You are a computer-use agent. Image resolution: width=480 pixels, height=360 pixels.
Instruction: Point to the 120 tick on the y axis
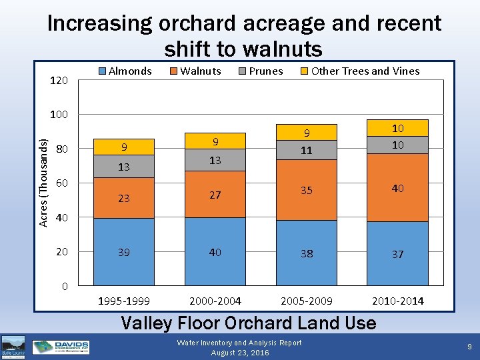pos(59,80)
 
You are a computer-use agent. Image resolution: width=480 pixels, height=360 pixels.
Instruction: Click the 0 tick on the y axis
pos(64,286)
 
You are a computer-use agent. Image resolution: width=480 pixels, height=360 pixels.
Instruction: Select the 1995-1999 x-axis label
pos(123,301)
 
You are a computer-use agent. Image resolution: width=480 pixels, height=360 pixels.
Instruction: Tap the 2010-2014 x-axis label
pos(397,301)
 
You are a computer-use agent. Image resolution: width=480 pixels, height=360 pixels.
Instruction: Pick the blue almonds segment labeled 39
pos(123,252)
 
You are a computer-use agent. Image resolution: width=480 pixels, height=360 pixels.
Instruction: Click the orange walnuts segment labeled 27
pos(215,195)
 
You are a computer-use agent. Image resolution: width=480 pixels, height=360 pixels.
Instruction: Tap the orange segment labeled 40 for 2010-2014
pos(397,188)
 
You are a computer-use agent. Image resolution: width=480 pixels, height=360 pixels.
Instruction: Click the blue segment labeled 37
pos(397,254)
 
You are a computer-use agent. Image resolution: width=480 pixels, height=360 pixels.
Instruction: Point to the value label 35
pos(306,191)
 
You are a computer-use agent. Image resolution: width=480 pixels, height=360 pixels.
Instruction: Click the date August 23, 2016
pos(239,353)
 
